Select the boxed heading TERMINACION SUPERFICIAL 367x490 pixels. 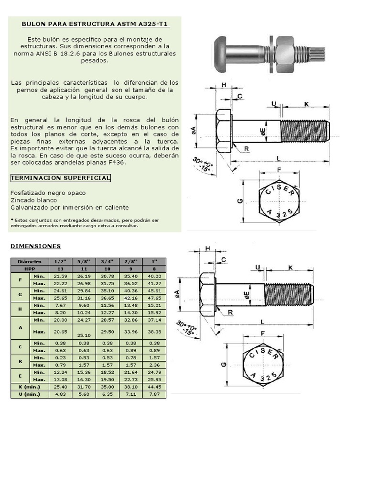pyautogui.click(x=61, y=178)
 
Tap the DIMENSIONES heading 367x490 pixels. pyautogui.click(x=36, y=246)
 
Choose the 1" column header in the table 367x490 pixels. pyautogui.click(x=154, y=262)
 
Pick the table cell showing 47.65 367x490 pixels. pyautogui.click(x=154, y=298)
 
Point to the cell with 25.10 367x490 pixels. pyautogui.click(x=84, y=335)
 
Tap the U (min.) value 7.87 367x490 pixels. pyautogui.click(x=154, y=394)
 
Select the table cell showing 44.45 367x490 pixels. pyautogui.click(x=154, y=387)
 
